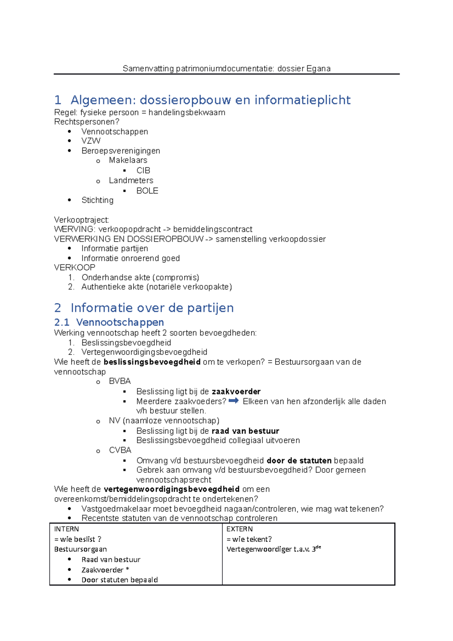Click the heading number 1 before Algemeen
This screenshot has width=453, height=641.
tap(58, 100)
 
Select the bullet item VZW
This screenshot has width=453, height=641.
tap(91, 141)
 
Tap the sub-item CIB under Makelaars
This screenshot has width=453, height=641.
tap(143, 171)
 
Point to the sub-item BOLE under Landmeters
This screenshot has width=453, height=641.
tap(147, 191)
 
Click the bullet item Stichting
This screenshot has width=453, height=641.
tap(97, 200)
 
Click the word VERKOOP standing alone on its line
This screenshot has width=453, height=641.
tap(75, 268)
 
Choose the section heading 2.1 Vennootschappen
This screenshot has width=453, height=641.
tap(109, 322)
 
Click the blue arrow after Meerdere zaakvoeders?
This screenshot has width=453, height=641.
tap(234, 401)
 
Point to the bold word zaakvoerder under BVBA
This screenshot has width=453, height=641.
tap(236, 391)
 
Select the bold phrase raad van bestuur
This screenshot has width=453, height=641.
tap(245, 431)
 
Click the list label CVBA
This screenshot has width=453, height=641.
tap(120, 450)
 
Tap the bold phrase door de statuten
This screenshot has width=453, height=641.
tap(299, 461)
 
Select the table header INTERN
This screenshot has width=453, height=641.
tap(66, 529)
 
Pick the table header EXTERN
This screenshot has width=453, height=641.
tap(239, 529)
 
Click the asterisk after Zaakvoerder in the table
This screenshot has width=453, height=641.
tap(128, 569)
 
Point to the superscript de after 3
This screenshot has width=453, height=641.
tap(318, 547)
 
